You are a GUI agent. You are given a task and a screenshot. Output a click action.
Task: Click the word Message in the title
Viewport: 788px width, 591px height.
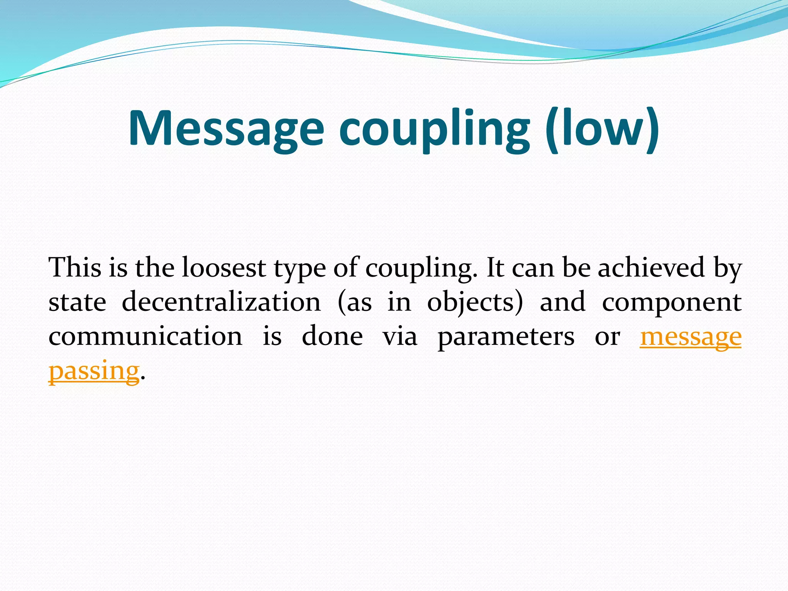[226, 129]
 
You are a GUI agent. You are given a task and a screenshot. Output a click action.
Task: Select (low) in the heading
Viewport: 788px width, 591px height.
[602, 129]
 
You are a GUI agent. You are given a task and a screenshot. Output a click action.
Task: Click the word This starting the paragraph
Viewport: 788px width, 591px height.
[75, 267]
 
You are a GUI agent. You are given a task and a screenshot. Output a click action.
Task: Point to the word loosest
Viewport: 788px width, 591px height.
[224, 267]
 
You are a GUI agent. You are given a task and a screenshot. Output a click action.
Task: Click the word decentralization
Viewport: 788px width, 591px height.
[221, 302]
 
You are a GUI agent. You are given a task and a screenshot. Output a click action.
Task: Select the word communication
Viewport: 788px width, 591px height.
[145, 336]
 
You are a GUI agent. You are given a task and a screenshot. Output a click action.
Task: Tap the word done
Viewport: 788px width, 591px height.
[332, 336]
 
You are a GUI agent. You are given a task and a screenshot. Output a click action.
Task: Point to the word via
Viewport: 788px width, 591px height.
[400, 336]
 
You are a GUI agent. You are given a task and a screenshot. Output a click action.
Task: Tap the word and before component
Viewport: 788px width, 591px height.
[563, 302]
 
